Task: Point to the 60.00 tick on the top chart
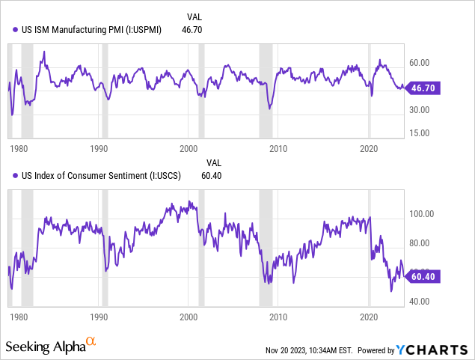(420, 62)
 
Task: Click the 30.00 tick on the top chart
(420, 109)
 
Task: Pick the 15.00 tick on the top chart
(420, 133)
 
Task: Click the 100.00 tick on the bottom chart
(422, 214)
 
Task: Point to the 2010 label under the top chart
(279, 148)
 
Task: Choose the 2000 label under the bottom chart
(189, 317)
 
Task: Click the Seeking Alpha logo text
(45, 347)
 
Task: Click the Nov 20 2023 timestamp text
(309, 350)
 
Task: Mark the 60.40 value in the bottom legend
(212, 176)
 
